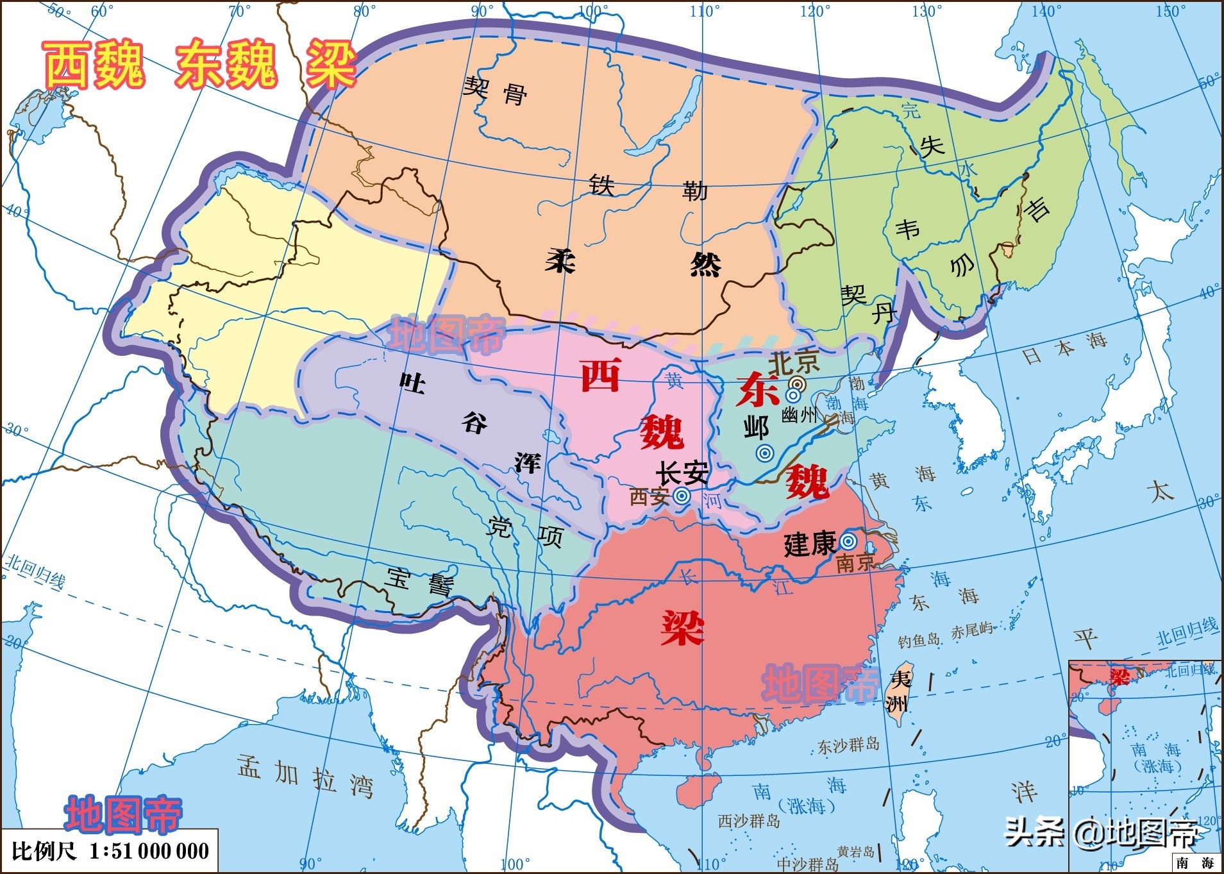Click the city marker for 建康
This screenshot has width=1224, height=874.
(x=848, y=541)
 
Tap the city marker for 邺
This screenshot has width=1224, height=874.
(x=764, y=453)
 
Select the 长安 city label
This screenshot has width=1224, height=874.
(x=682, y=473)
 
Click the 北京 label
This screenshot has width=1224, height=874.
(x=794, y=363)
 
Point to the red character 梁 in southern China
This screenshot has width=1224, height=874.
(x=683, y=627)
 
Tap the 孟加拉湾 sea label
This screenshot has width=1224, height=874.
(x=305, y=775)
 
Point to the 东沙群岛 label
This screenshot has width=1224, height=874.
(x=848, y=745)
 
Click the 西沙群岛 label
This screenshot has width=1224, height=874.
(x=748, y=821)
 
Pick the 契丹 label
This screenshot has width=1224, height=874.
(x=868, y=304)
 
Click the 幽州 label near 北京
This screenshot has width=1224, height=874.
(x=799, y=416)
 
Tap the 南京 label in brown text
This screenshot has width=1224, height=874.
(x=855, y=562)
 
